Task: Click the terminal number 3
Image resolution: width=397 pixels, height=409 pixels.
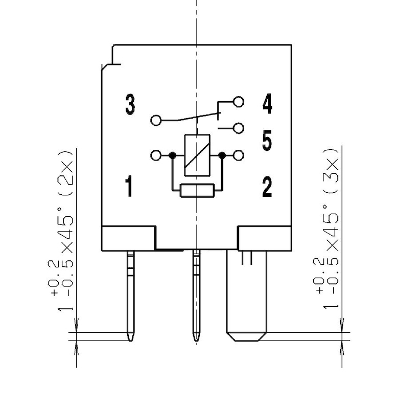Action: [130, 104]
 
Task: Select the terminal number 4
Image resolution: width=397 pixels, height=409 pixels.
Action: [267, 104]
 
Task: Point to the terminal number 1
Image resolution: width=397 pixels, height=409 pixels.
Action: [129, 187]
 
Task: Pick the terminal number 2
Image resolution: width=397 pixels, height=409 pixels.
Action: [267, 188]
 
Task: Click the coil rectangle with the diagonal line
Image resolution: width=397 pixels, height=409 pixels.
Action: [197, 155]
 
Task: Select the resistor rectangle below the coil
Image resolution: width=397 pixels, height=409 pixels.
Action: [197, 190]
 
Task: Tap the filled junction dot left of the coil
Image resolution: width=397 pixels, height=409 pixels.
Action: [173, 155]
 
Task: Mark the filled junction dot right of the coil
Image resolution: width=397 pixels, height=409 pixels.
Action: [222, 155]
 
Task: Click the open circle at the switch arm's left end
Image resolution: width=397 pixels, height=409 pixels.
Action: [155, 121]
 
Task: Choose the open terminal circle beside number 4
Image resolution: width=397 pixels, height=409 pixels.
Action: [238, 102]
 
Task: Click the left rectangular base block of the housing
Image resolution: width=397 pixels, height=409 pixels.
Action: [129, 238]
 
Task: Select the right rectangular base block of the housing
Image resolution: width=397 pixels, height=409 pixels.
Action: [265, 238]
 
